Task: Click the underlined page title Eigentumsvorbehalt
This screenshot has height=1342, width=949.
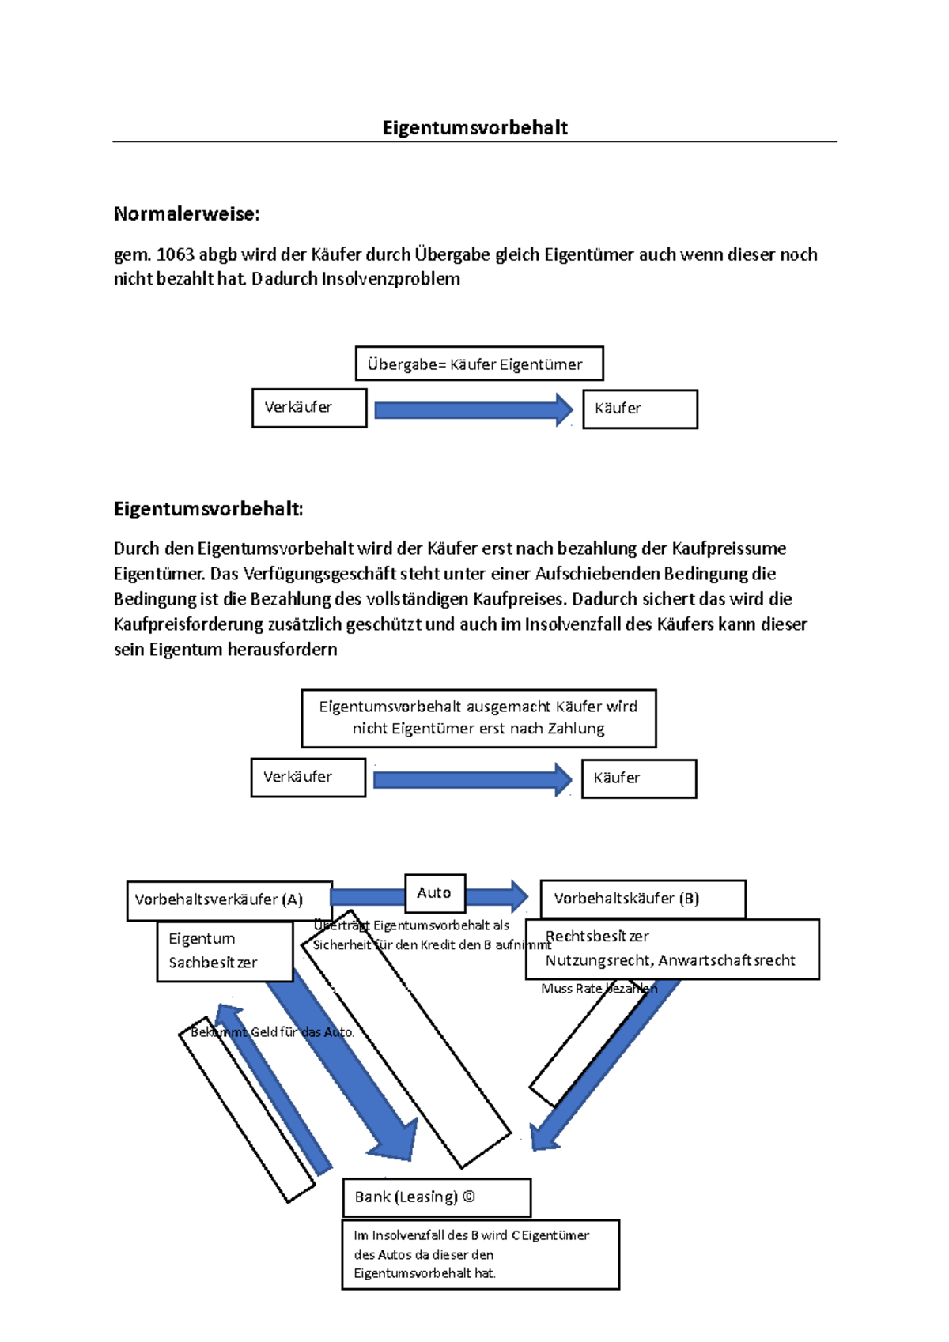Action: (475, 128)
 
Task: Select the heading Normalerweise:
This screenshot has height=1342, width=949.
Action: (187, 214)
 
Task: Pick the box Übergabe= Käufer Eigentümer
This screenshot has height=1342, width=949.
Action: (479, 364)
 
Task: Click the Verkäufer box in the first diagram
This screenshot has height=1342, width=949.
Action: (309, 408)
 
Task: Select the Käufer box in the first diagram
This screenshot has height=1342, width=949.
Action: (640, 409)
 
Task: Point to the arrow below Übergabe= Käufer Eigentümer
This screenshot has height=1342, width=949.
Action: (473, 410)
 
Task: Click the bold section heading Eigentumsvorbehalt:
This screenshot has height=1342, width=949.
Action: (208, 509)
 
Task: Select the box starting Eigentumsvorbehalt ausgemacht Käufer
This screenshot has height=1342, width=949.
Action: (478, 718)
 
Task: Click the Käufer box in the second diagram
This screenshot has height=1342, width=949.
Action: (639, 778)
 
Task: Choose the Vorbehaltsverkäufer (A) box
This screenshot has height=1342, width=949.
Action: (229, 900)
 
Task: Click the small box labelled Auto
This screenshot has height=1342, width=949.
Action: (434, 893)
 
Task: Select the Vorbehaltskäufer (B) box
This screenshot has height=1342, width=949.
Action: (642, 899)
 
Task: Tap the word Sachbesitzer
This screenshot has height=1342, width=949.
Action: (213, 963)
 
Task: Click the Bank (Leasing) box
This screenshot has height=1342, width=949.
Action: (437, 1197)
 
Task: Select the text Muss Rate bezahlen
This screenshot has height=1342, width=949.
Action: (599, 989)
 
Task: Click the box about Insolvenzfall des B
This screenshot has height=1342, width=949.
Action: (480, 1254)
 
